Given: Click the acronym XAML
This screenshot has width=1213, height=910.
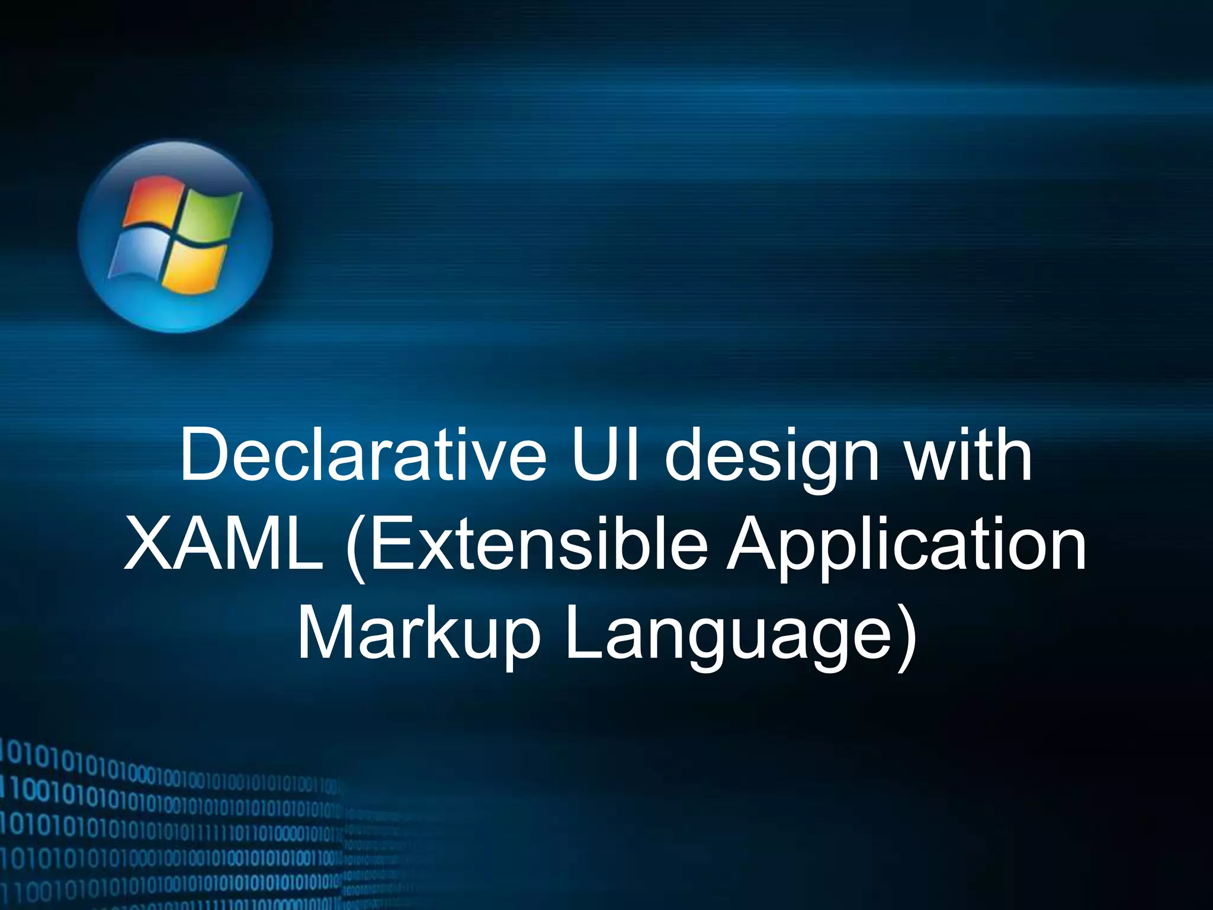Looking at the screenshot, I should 224,544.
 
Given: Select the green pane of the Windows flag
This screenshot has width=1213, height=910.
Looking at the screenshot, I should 212,213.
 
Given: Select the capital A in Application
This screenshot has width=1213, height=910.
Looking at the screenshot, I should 755,544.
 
